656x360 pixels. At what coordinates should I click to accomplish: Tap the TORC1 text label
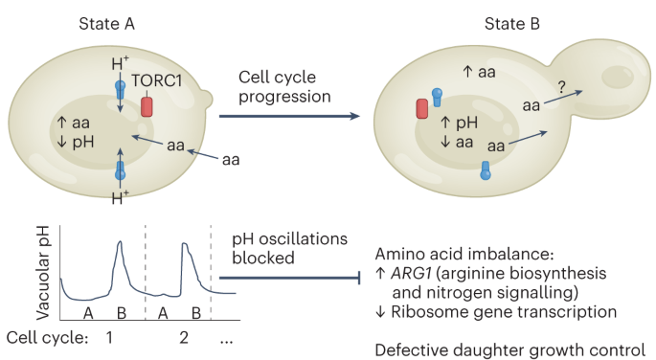click(x=159, y=81)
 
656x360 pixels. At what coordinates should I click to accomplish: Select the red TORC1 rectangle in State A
click(x=147, y=105)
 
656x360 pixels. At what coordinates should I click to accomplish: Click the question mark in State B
click(x=562, y=86)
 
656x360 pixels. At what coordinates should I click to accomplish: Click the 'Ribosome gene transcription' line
click(x=497, y=312)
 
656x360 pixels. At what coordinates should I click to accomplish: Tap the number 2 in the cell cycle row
click(x=185, y=338)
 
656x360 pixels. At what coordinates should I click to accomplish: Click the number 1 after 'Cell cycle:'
click(x=109, y=338)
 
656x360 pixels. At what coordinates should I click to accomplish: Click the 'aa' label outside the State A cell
click(x=231, y=158)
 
